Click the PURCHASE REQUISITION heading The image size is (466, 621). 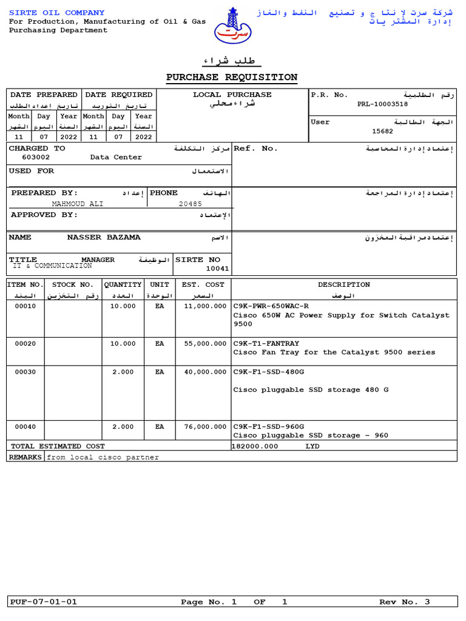click(x=232, y=77)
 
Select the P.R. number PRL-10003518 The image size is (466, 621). click(x=382, y=104)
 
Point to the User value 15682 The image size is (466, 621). click(x=382, y=131)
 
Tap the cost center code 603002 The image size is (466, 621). click(x=36, y=157)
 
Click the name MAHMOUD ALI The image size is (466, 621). click(x=77, y=204)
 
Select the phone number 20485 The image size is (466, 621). click(x=190, y=204)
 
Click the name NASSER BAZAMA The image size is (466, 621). click(x=103, y=237)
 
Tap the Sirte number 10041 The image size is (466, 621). click(x=218, y=268)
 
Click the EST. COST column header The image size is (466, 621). click(x=203, y=284)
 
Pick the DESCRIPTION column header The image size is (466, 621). click(x=343, y=284)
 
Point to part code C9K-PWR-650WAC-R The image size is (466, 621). click(x=271, y=306)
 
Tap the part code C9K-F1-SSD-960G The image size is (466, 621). click(x=269, y=426)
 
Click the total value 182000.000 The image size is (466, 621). click(x=255, y=446)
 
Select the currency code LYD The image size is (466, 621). click(x=312, y=446)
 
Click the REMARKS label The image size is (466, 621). click(x=25, y=457)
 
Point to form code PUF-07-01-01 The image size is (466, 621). click(x=44, y=602)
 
